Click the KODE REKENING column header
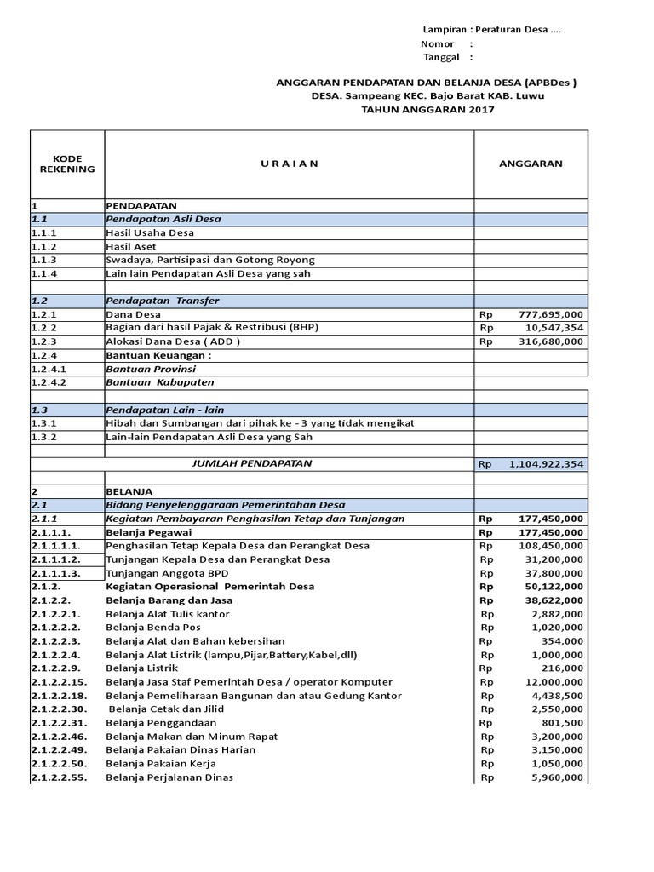(x=67, y=163)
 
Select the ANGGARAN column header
(x=531, y=163)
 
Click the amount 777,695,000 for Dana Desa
(x=551, y=314)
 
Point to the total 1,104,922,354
(x=546, y=465)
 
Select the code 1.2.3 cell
(x=44, y=341)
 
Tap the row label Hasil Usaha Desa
(x=150, y=232)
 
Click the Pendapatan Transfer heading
(x=163, y=301)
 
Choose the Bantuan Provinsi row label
(x=151, y=369)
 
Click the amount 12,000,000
(x=551, y=682)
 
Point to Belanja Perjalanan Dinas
(x=169, y=777)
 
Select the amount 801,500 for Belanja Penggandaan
(x=560, y=723)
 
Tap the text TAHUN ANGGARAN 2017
(x=427, y=110)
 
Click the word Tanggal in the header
(x=441, y=57)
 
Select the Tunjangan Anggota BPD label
(x=162, y=573)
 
